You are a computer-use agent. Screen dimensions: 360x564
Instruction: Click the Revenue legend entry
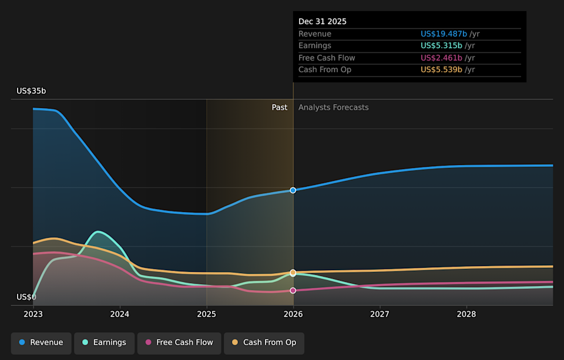pyautogui.click(x=41, y=342)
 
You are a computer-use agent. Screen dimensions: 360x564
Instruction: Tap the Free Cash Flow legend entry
pyautogui.click(x=179, y=342)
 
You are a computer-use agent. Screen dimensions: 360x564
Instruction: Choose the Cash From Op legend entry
pyautogui.click(x=264, y=342)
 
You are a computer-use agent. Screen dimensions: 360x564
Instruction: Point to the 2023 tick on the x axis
pyautogui.click(x=33, y=314)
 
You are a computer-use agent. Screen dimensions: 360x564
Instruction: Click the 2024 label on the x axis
pyautogui.click(x=120, y=314)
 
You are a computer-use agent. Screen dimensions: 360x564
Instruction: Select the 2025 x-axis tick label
pyautogui.click(x=206, y=314)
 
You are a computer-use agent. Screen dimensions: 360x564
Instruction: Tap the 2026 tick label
pyautogui.click(x=293, y=314)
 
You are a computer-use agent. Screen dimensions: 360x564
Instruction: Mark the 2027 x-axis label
pyautogui.click(x=380, y=314)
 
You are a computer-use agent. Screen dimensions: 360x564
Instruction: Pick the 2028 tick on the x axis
pyautogui.click(x=466, y=314)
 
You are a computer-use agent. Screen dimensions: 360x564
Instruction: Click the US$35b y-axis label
pyautogui.click(x=31, y=91)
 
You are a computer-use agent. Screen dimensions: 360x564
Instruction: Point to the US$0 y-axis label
pyautogui.click(x=26, y=297)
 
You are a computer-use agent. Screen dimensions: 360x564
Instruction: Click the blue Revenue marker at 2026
pyautogui.click(x=293, y=190)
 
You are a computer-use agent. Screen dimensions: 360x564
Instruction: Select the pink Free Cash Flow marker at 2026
pyautogui.click(x=293, y=290)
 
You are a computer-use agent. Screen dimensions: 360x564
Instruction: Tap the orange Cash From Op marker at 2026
pyautogui.click(x=293, y=272)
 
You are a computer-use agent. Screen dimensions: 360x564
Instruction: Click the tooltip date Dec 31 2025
pyautogui.click(x=323, y=21)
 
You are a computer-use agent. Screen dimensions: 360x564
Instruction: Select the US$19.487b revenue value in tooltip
pyautogui.click(x=444, y=34)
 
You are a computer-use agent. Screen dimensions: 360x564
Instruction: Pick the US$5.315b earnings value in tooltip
pyautogui.click(x=441, y=46)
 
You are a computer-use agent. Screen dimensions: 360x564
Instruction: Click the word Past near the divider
pyautogui.click(x=280, y=107)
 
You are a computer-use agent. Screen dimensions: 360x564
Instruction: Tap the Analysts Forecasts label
pyautogui.click(x=333, y=107)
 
